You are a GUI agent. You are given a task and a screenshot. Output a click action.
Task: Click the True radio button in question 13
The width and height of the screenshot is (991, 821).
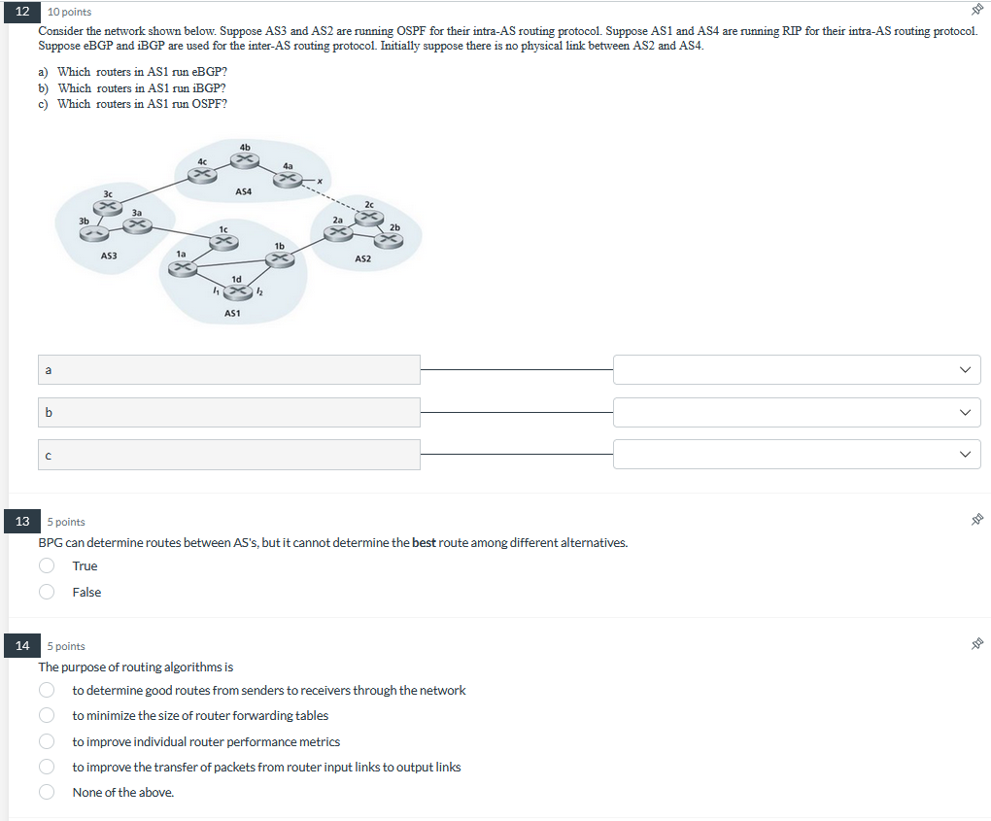pos(47,566)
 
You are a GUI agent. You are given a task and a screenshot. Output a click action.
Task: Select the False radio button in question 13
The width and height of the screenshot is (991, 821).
pos(47,593)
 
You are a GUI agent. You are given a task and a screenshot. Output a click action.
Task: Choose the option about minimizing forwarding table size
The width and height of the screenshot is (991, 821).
pos(47,716)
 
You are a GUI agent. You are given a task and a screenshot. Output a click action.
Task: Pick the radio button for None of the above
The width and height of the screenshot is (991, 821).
pos(47,793)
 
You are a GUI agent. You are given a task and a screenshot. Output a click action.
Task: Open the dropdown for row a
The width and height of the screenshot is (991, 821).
pos(796,369)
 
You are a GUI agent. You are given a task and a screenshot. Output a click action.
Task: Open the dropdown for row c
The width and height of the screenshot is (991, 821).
pos(796,454)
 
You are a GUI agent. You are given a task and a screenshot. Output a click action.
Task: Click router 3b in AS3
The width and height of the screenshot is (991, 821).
pos(94,232)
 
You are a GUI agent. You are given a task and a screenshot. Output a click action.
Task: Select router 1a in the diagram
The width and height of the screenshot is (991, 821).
pos(183,268)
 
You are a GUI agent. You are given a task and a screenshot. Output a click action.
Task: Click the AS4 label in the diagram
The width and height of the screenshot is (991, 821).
pos(243,192)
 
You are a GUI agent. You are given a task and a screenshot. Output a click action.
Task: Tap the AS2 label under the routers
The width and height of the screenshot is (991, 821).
pos(362,259)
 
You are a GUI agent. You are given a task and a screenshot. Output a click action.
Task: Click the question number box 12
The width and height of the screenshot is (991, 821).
pos(22,12)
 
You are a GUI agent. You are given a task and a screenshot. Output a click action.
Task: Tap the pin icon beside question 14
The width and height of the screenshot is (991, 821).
pos(977,644)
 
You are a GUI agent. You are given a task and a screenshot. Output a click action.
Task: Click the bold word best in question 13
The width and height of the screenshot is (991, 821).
pos(424,543)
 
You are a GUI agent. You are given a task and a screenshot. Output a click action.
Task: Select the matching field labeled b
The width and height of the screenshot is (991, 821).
pos(230,412)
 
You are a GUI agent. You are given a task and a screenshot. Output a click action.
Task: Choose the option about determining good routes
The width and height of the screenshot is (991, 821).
pos(47,691)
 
